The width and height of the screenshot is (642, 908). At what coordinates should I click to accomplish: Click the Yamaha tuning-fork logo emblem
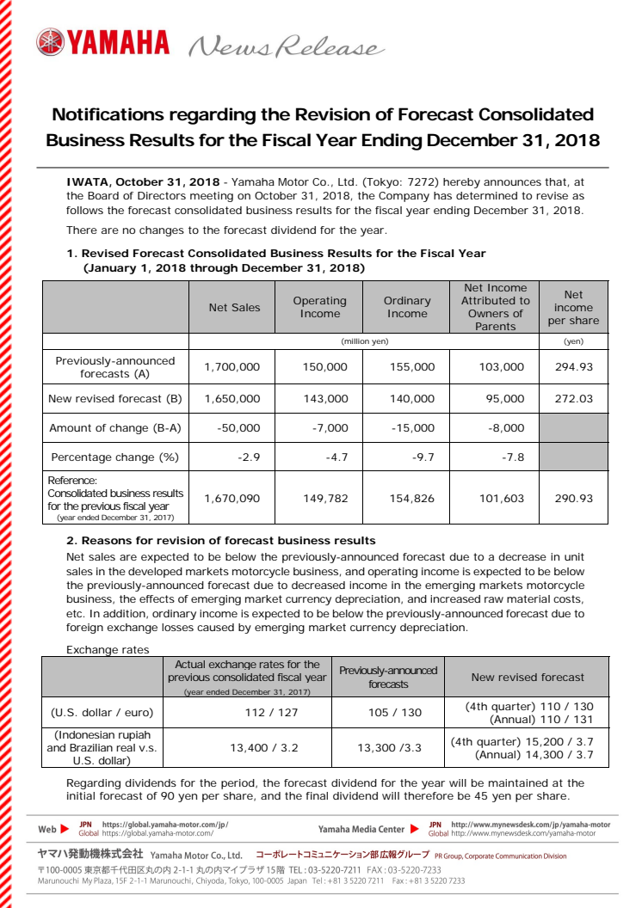click(50, 42)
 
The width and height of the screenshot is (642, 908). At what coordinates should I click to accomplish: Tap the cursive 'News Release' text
click(285, 46)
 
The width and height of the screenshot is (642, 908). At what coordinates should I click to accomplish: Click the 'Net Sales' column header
click(234, 308)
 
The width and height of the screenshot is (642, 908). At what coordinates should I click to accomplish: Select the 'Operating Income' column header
click(319, 308)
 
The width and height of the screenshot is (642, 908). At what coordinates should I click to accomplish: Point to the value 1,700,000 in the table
click(231, 367)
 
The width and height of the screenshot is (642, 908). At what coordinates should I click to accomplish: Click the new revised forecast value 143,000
click(325, 399)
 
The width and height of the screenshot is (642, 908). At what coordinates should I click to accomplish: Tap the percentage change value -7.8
click(512, 457)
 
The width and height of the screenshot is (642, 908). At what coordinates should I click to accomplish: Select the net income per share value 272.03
click(575, 399)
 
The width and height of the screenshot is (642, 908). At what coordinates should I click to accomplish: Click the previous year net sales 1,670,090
click(231, 499)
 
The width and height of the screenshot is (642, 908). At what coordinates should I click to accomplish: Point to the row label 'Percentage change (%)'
click(114, 457)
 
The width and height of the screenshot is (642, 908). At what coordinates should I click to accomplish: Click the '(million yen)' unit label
click(365, 341)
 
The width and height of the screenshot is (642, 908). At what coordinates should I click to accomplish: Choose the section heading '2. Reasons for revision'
click(220, 541)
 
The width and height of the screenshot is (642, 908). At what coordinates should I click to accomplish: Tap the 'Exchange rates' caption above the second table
click(108, 650)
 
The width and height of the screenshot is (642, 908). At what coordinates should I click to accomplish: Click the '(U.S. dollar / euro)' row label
click(102, 712)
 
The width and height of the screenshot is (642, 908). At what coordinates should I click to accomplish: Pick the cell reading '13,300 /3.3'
click(389, 748)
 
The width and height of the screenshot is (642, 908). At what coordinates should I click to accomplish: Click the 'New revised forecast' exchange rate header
click(528, 678)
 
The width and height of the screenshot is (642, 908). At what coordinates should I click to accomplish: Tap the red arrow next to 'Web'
click(66, 829)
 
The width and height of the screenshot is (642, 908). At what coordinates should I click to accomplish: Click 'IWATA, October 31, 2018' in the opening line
click(143, 183)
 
